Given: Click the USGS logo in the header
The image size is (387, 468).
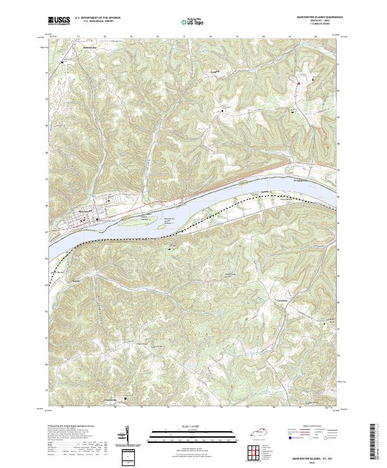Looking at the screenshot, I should (x=59, y=21).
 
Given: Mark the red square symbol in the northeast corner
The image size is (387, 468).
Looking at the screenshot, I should (x=299, y=83).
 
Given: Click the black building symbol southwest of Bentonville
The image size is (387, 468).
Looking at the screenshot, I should (x=63, y=62).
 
